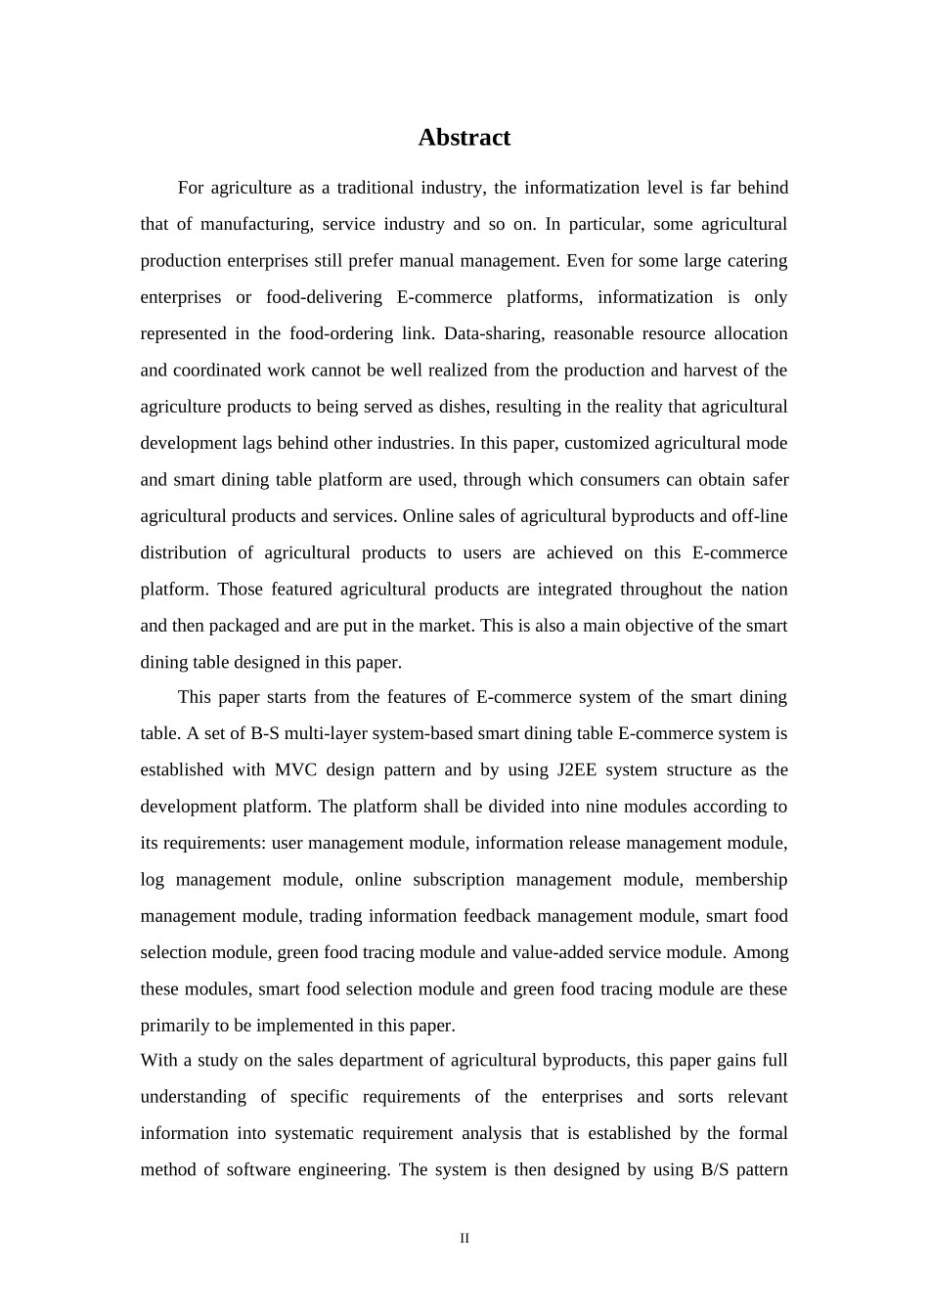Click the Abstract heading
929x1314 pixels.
click(x=464, y=138)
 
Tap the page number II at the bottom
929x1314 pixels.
click(x=464, y=1239)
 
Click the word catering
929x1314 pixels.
click(x=756, y=261)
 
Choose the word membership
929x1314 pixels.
click(x=740, y=880)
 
